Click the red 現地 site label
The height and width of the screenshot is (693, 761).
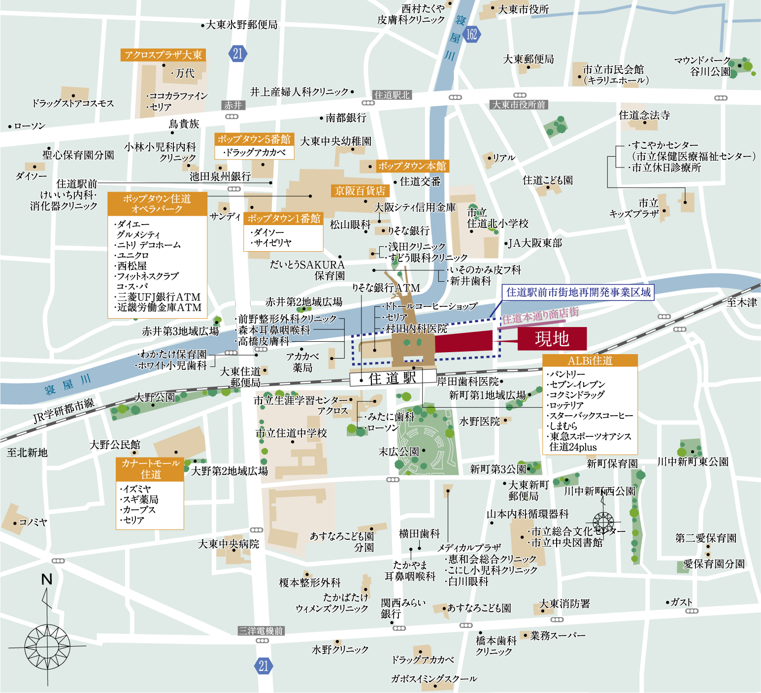(x=552, y=339)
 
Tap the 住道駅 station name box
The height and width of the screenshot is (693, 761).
(x=393, y=378)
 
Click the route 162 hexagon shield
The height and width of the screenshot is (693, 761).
(x=471, y=34)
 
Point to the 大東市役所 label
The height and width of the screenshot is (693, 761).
(x=523, y=9)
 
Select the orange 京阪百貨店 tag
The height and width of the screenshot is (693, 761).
(x=360, y=191)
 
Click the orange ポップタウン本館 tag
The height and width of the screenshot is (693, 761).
(x=412, y=166)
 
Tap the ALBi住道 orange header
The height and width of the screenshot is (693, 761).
(x=590, y=361)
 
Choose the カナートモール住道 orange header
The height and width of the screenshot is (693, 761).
(x=150, y=469)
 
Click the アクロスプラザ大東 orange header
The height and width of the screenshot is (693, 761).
(x=163, y=55)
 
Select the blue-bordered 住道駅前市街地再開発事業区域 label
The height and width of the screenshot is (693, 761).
(x=578, y=292)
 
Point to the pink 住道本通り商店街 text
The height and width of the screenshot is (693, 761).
(x=540, y=315)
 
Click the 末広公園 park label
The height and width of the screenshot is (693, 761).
(x=398, y=452)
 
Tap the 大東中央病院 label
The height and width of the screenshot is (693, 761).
(x=229, y=544)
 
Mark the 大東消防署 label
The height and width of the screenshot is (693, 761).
(x=564, y=604)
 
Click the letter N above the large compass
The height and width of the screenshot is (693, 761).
(x=47, y=579)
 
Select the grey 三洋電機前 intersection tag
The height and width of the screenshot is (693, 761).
(x=261, y=631)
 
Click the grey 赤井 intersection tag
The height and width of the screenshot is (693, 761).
(x=233, y=105)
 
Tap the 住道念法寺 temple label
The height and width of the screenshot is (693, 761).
(x=644, y=115)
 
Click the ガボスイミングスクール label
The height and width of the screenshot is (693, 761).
(x=434, y=679)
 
